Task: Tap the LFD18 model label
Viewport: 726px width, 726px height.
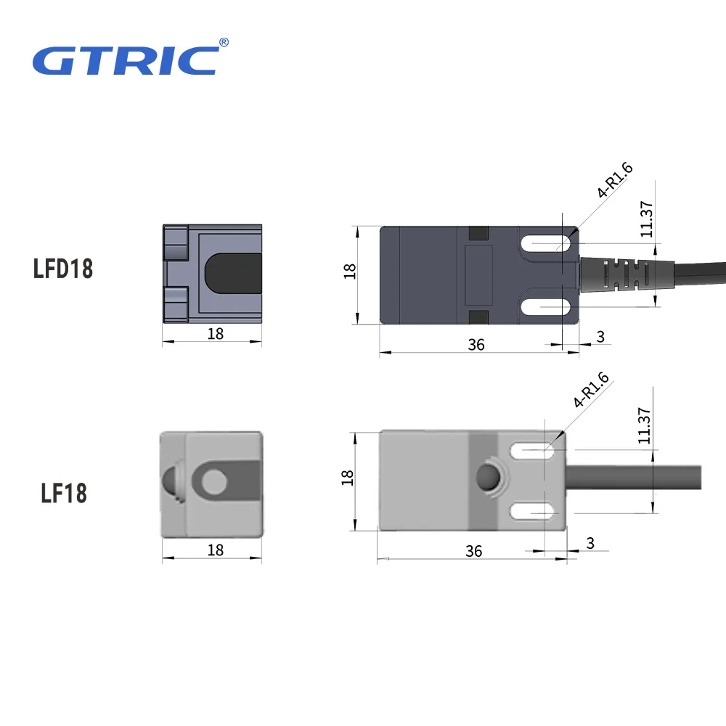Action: click(63, 269)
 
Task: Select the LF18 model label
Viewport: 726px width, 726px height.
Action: click(64, 493)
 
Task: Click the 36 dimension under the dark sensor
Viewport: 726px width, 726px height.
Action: click(476, 345)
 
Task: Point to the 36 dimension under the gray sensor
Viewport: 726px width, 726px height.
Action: click(473, 552)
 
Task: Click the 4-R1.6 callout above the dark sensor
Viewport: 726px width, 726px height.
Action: click(614, 180)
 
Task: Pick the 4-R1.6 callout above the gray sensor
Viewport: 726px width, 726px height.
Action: click(591, 390)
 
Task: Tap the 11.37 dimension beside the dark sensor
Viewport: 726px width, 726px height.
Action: click(646, 219)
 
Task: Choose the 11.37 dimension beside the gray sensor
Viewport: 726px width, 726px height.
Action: click(644, 425)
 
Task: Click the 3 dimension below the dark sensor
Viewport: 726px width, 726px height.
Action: click(600, 337)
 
